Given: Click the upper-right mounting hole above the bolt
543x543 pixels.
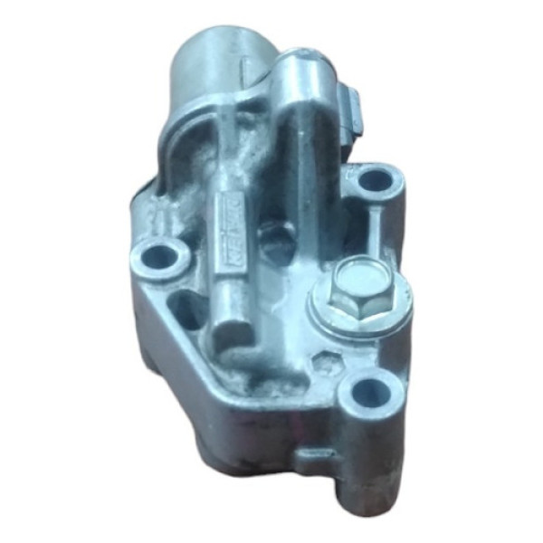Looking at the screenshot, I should (x=372, y=180).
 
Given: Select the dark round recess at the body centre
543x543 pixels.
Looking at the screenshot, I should (x=273, y=238).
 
